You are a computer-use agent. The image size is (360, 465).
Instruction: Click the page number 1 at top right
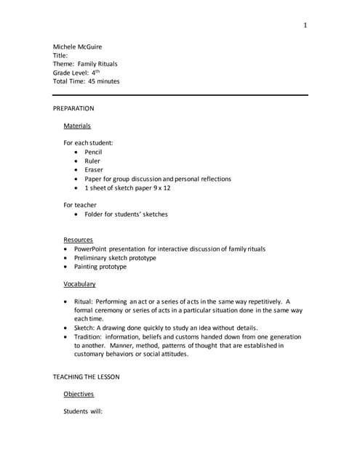(305, 25)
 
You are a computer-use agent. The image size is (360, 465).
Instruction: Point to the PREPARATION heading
(73, 108)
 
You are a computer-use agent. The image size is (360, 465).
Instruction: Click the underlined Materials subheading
(77, 126)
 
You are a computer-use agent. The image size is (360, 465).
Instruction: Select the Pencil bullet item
(93, 152)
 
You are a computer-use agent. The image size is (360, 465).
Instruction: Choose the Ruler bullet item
(92, 161)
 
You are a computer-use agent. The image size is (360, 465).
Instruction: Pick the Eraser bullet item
(94, 170)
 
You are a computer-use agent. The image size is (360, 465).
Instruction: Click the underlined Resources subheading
(78, 240)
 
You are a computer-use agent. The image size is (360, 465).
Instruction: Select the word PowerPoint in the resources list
(92, 248)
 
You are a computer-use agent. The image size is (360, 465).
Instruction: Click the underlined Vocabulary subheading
(79, 284)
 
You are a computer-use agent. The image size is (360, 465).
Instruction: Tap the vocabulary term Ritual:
(84, 302)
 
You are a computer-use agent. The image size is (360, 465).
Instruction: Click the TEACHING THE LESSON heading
(86, 376)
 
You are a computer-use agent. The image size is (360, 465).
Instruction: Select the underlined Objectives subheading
(79, 394)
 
